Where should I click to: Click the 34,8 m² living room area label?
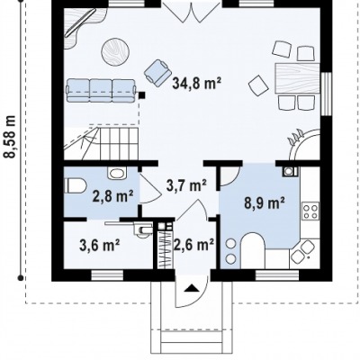pos(196,83)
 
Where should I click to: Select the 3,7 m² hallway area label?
pos(186,185)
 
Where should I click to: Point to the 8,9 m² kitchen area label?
pos(265,203)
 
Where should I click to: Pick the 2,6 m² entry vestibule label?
pos(193,245)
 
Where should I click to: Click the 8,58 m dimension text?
pos(11,137)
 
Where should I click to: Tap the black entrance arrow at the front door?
pos(192,289)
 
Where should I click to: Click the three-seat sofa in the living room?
pos(101,91)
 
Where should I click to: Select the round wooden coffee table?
pos(115,51)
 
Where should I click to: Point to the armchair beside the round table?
pos(157,71)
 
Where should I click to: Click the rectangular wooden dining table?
pos(297,78)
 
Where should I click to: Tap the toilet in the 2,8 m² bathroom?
pos(76,186)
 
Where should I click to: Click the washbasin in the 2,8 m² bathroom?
pos(117,173)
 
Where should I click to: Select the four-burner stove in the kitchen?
pos(310,211)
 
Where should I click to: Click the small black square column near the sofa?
pos(141,95)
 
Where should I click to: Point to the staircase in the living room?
pos(101,143)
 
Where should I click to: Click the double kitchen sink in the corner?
pos(303,252)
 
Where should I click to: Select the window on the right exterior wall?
pos(326,94)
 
